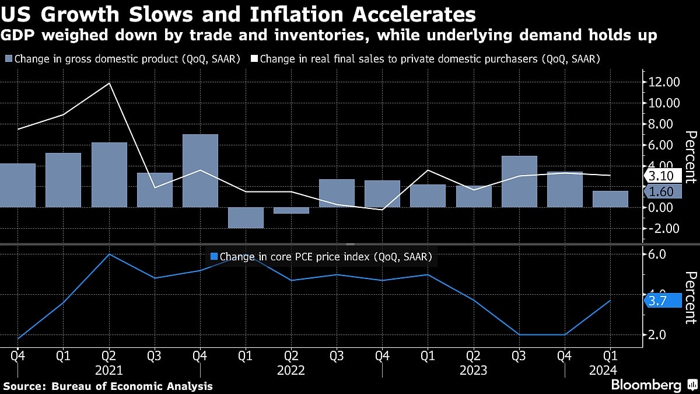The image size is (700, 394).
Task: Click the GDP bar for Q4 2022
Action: tap(383, 194)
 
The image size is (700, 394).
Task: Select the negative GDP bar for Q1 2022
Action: tap(246, 218)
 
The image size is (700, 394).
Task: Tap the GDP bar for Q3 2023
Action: tap(519, 182)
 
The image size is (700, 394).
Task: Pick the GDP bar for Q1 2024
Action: tap(611, 199)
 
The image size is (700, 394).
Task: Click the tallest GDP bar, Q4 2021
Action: tap(200, 170)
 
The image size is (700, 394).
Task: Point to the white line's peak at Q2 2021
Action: tap(109, 83)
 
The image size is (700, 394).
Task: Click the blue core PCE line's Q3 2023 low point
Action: tap(519, 334)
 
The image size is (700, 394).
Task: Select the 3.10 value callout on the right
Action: tap(661, 176)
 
